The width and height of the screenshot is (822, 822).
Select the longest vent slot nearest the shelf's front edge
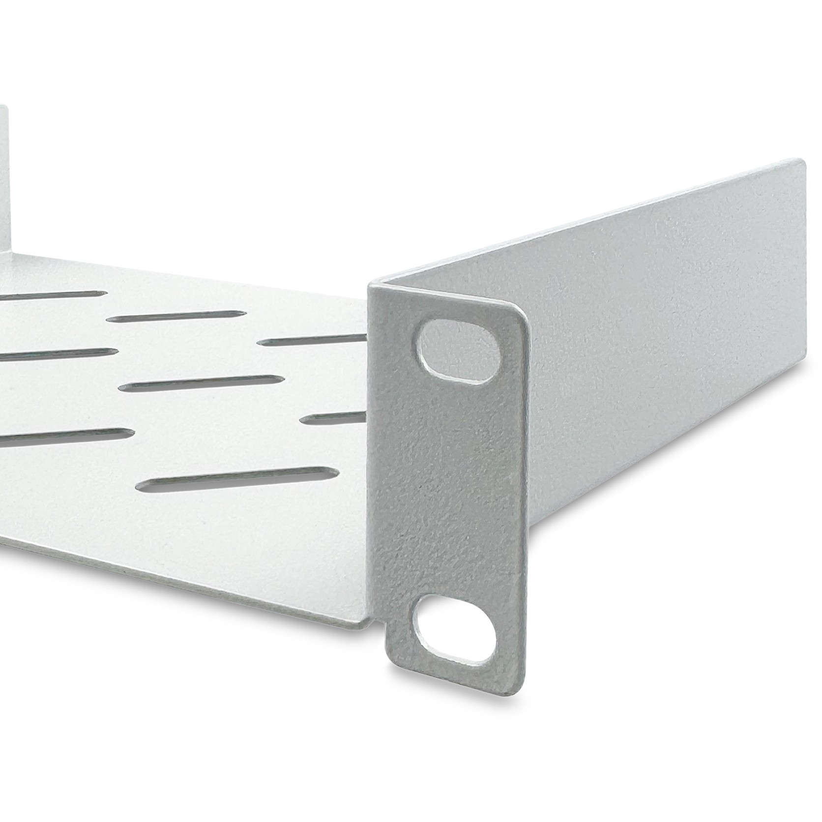pos(237,479)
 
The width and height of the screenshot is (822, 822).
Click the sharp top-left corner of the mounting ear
pos(370,285)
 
